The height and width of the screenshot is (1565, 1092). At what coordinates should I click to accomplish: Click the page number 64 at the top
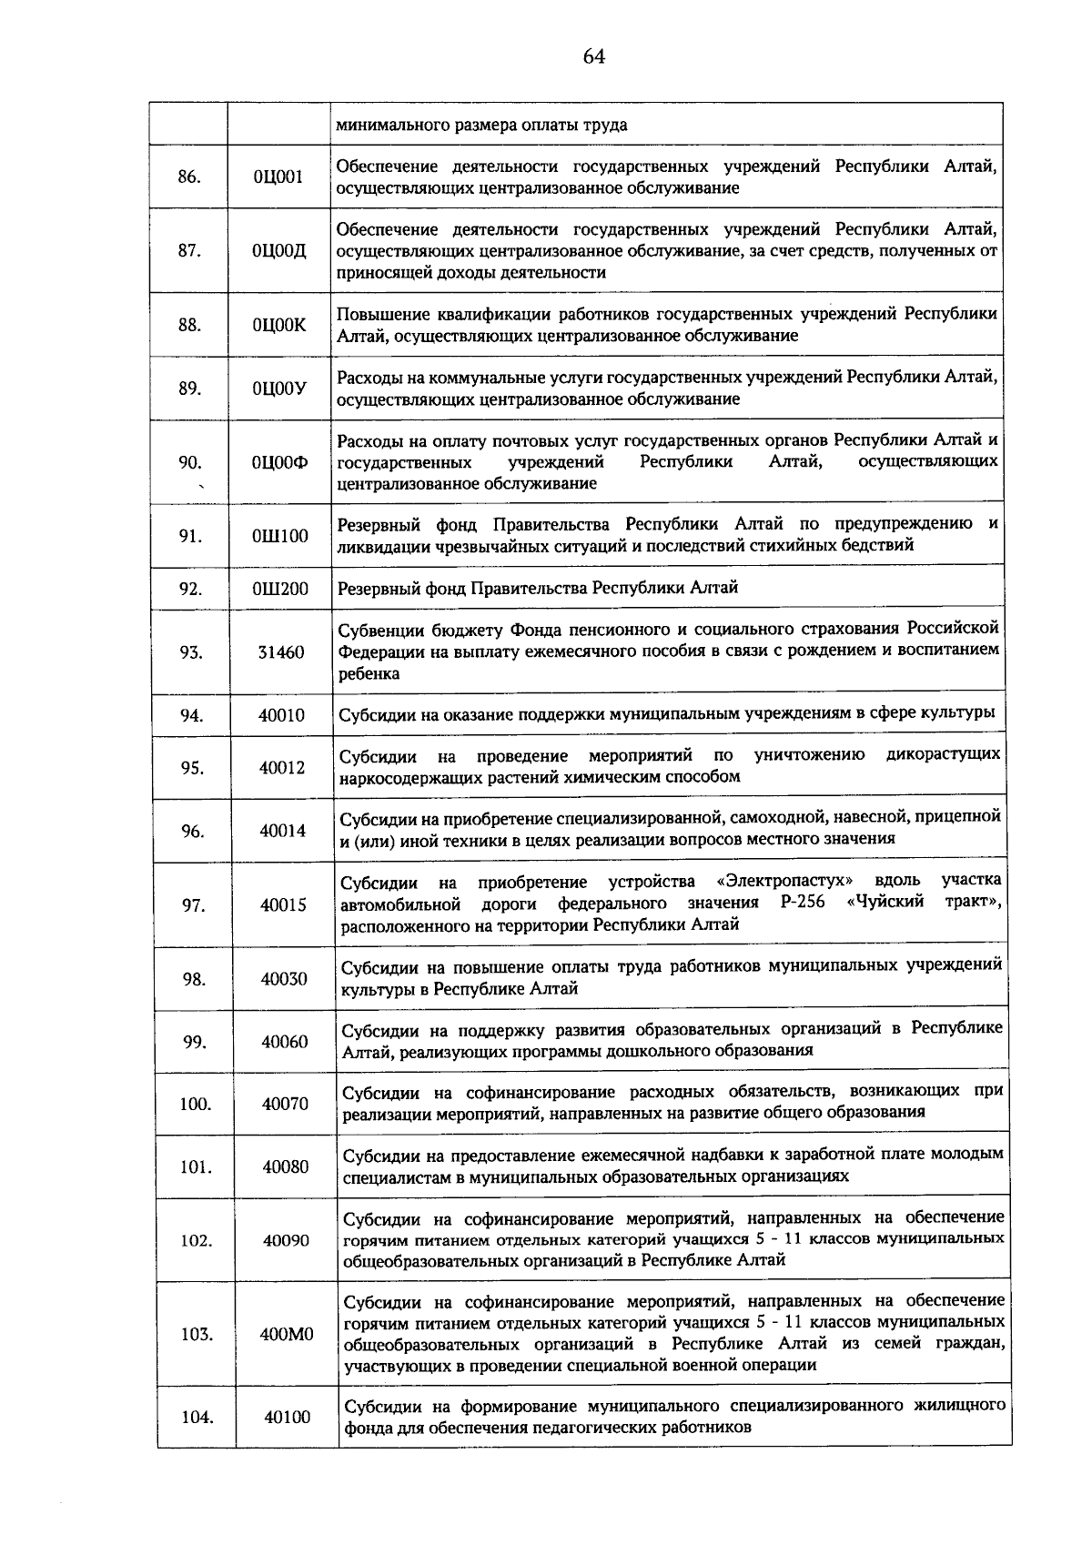593,56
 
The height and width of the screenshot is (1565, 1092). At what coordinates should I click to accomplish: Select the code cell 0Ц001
278,177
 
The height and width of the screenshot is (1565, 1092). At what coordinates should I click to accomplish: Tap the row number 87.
189,251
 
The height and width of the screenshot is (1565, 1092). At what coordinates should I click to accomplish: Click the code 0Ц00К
279,325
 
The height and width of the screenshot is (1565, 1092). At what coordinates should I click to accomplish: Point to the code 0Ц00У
279,389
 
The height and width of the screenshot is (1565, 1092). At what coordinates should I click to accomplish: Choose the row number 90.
190,462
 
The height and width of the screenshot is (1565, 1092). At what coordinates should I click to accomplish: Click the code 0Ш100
280,536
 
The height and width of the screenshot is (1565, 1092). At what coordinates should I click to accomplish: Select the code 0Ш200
280,589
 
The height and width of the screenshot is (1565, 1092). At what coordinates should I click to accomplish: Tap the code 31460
281,652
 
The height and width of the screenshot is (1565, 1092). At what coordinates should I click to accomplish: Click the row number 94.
191,715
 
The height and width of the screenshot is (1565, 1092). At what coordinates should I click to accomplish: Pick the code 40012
282,768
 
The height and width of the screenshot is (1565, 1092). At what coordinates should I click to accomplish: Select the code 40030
284,979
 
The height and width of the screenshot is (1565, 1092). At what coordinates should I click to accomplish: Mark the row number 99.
194,1043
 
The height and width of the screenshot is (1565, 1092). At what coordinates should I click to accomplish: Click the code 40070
285,1105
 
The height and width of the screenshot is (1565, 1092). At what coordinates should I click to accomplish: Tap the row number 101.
196,1167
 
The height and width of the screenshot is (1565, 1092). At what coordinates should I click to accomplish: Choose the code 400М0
287,1335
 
